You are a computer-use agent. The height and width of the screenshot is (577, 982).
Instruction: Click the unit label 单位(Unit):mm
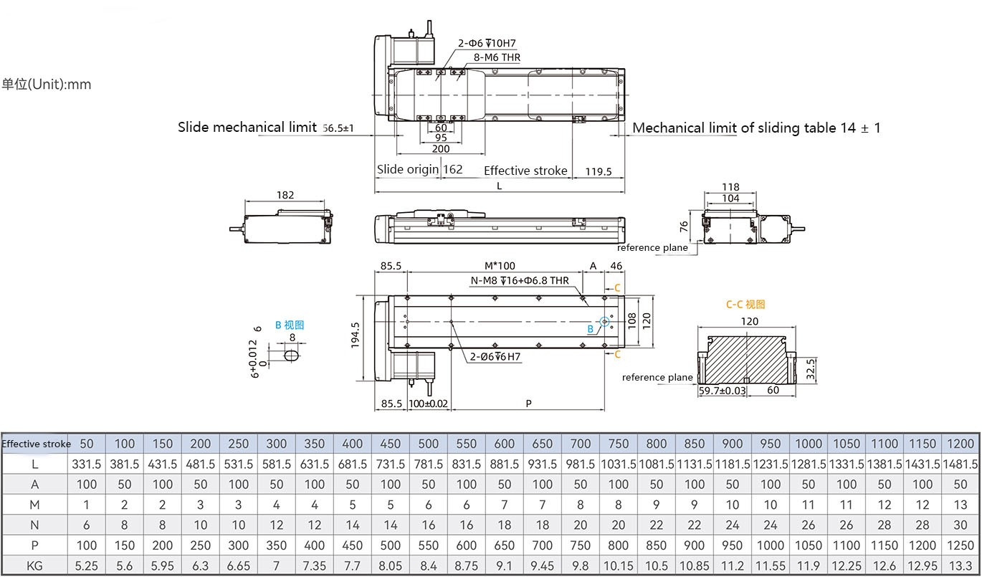47,85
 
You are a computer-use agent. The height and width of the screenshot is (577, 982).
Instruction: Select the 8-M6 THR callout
497,57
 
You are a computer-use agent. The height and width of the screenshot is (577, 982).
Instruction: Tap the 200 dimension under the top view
441,148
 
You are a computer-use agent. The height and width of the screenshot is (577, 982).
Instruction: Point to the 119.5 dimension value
598,171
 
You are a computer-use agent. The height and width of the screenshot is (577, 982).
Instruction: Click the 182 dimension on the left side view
285,195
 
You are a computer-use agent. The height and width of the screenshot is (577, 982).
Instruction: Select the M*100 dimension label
500,266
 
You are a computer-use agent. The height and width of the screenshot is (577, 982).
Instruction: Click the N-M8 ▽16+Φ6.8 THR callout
520,280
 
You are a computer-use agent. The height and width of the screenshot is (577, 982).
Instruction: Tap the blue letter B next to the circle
591,329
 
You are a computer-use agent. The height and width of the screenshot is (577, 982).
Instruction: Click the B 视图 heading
290,325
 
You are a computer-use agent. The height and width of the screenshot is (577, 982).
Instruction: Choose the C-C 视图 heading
745,304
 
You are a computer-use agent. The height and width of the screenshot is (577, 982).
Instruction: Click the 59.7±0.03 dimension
722,391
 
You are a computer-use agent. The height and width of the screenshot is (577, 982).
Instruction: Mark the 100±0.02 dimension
428,404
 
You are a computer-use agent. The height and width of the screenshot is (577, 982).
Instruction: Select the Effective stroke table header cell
36,444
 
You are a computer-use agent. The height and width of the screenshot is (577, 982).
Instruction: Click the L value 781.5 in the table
429,464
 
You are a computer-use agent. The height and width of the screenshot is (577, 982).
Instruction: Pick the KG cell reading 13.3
960,566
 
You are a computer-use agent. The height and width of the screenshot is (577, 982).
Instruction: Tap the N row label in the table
35,525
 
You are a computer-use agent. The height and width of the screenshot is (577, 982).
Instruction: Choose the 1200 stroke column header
960,444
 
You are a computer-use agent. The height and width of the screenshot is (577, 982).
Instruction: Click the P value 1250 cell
960,545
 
